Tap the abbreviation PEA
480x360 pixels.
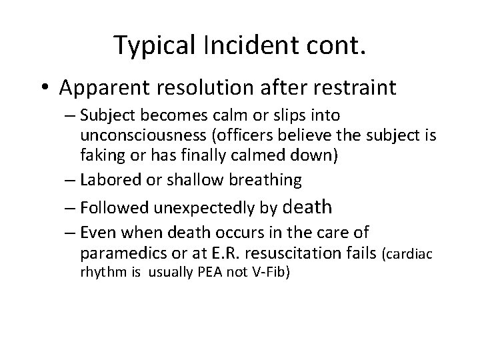[x=202, y=272]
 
